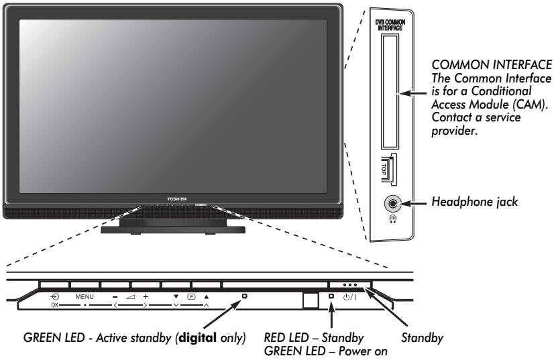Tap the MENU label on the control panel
tap(85, 296)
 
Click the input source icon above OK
tap(54, 296)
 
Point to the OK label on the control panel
tap(54, 304)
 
